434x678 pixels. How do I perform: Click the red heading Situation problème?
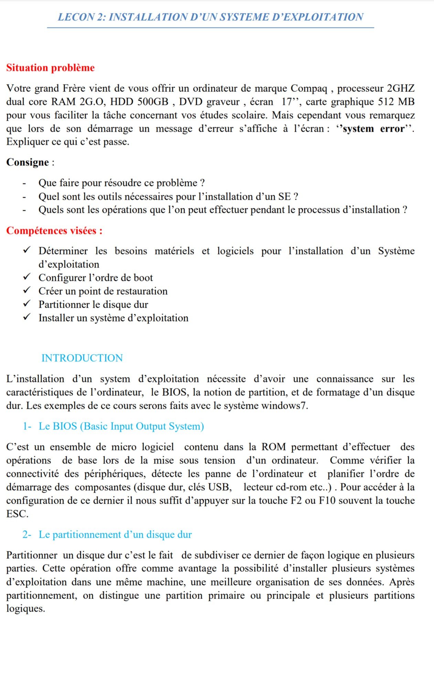point(50,68)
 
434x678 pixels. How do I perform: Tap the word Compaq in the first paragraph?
point(309,89)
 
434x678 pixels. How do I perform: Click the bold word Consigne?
point(28,162)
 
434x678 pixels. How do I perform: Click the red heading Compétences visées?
point(54,231)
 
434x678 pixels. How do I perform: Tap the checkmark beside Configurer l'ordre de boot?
point(27,277)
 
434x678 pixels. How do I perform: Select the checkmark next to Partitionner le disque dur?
point(27,304)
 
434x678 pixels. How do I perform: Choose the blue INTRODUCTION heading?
point(82,358)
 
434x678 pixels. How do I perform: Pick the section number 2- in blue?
point(27,535)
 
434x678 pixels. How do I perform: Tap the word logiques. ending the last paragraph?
point(25,609)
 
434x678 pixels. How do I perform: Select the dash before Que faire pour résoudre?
point(24,183)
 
